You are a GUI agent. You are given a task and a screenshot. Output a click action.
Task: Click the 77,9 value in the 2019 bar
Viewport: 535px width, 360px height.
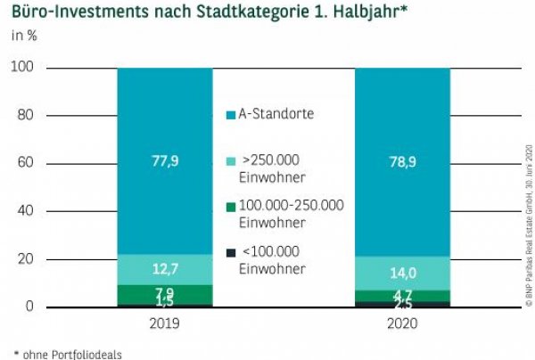point(163,162)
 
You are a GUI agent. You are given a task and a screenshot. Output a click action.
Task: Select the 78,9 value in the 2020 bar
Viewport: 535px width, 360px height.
point(402,162)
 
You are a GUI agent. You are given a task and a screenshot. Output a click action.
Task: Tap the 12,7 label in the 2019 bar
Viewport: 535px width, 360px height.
point(163,270)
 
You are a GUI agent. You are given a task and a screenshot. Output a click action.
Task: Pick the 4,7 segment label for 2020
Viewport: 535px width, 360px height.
point(402,295)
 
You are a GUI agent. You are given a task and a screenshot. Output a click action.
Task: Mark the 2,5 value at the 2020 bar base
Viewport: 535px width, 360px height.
point(402,306)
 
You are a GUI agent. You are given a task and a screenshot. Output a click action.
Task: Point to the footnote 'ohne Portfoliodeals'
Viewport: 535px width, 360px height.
point(66,353)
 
